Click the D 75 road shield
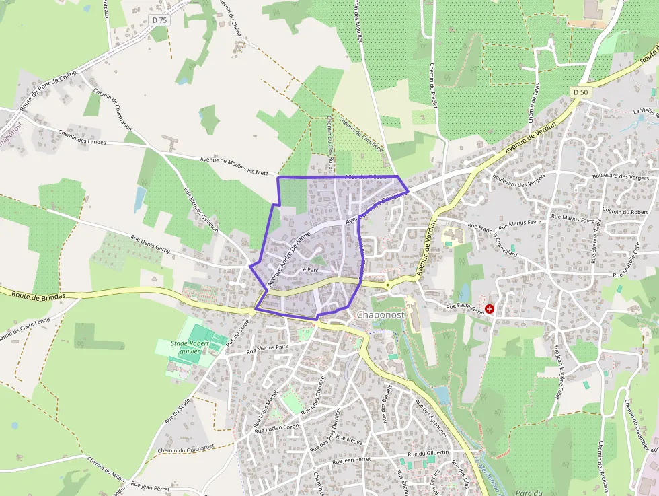pos(159,20)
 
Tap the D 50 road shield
pos(582,91)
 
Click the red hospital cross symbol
pos(489,308)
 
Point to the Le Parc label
pos(309,269)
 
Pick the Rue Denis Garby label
pos(151,244)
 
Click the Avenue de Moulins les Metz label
pos(233,165)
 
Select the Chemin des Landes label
pos(82,137)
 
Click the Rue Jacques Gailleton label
pos(200,209)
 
